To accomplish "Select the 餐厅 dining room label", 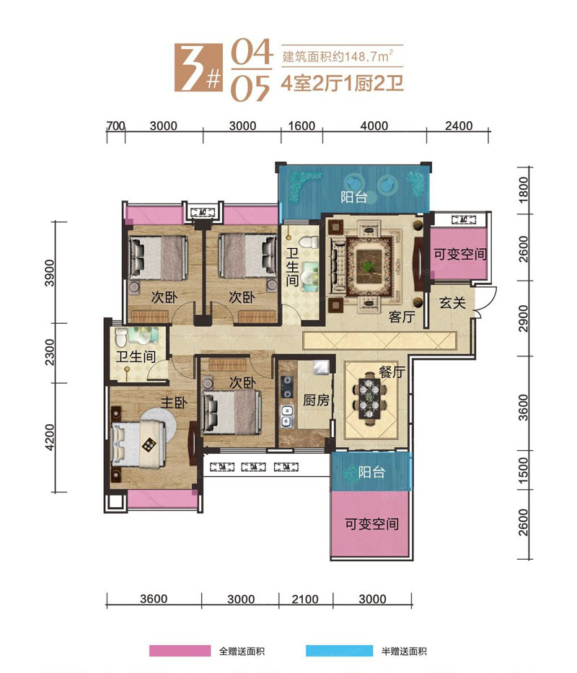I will click(x=390, y=372).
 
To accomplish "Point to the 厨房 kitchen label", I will click(x=316, y=401).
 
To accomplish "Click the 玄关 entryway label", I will click(x=452, y=303).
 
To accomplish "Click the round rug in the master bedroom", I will click(x=153, y=435).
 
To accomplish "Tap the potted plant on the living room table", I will click(x=369, y=267).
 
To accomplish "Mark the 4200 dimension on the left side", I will click(x=50, y=437).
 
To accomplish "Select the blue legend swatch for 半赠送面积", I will click(x=338, y=651).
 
